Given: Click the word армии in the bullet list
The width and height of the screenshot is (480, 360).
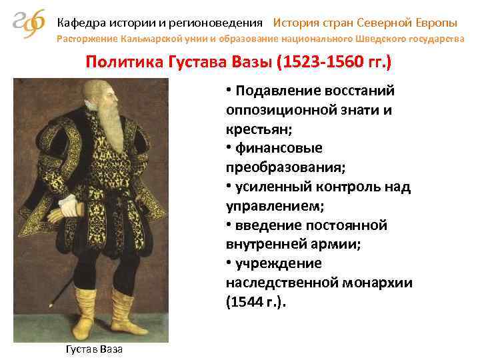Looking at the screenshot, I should [x=331, y=244].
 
